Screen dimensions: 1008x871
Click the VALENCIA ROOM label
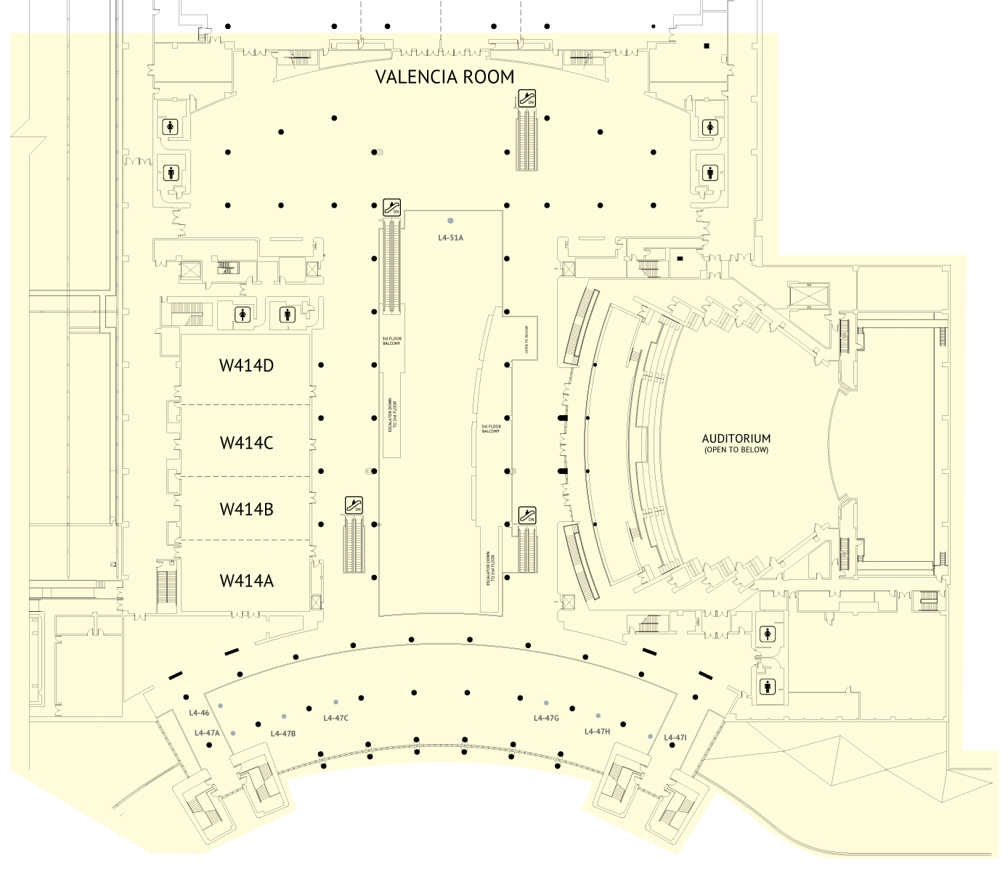(x=444, y=77)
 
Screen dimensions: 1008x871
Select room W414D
(x=246, y=365)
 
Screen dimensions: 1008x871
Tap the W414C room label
(x=246, y=443)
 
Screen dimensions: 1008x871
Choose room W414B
(x=246, y=510)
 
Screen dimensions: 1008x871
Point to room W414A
(x=246, y=581)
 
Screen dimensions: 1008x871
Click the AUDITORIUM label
(x=736, y=439)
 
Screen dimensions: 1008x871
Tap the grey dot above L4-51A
(x=450, y=221)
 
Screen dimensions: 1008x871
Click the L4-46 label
(x=199, y=713)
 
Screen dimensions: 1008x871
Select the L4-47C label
(x=336, y=718)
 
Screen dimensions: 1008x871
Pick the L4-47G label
(x=546, y=718)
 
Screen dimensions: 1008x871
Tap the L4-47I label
(x=675, y=737)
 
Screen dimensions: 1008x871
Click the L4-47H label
(x=597, y=731)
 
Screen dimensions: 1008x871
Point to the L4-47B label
(x=283, y=733)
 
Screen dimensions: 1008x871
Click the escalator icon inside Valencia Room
(x=527, y=98)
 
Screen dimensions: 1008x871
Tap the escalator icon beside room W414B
(x=353, y=505)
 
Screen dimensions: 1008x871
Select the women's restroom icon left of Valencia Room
(x=171, y=127)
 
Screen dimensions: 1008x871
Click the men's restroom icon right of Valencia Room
(x=710, y=173)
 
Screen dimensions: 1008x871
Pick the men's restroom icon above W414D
(x=288, y=315)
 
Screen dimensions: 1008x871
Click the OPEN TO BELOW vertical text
(x=527, y=338)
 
